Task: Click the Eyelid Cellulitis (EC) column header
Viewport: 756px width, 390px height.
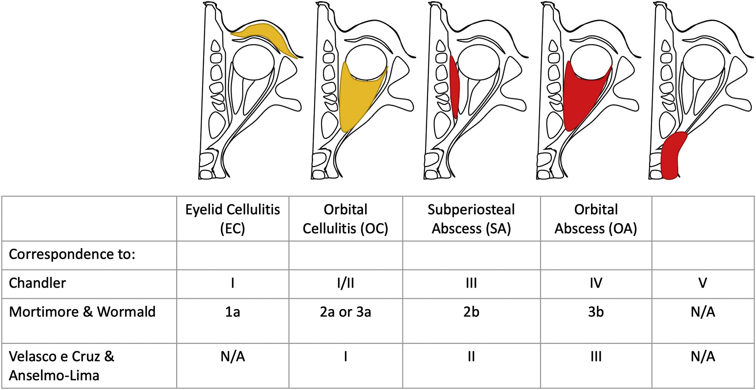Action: pyautogui.click(x=232, y=219)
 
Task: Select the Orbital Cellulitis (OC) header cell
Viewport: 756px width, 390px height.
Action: pyautogui.click(x=345, y=219)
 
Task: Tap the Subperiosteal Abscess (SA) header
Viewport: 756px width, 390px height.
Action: pyautogui.click(x=471, y=219)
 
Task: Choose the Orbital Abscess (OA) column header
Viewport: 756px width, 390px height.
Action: pyautogui.click(x=596, y=219)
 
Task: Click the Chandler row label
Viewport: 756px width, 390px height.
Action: pyautogui.click(x=37, y=283)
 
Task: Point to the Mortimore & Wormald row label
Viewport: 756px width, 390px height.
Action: pyautogui.click(x=82, y=312)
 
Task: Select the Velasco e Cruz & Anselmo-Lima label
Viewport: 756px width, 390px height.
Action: pyautogui.click(x=61, y=366)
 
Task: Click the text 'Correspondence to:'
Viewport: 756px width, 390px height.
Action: pyautogui.click(x=72, y=254)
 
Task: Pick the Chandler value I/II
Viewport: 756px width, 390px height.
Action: pyautogui.click(x=345, y=283)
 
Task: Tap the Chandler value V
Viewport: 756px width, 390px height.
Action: pyautogui.click(x=703, y=283)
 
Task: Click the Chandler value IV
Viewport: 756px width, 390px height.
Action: pyautogui.click(x=596, y=283)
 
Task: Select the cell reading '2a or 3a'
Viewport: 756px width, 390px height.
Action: pyautogui.click(x=345, y=312)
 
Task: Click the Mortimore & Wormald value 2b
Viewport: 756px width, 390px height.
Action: pyautogui.click(x=471, y=312)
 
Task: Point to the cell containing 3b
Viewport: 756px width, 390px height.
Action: pyautogui.click(x=596, y=312)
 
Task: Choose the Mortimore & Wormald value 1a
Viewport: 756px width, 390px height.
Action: pyautogui.click(x=232, y=312)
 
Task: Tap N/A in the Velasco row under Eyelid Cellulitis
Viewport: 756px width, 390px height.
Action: pyautogui.click(x=232, y=357)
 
